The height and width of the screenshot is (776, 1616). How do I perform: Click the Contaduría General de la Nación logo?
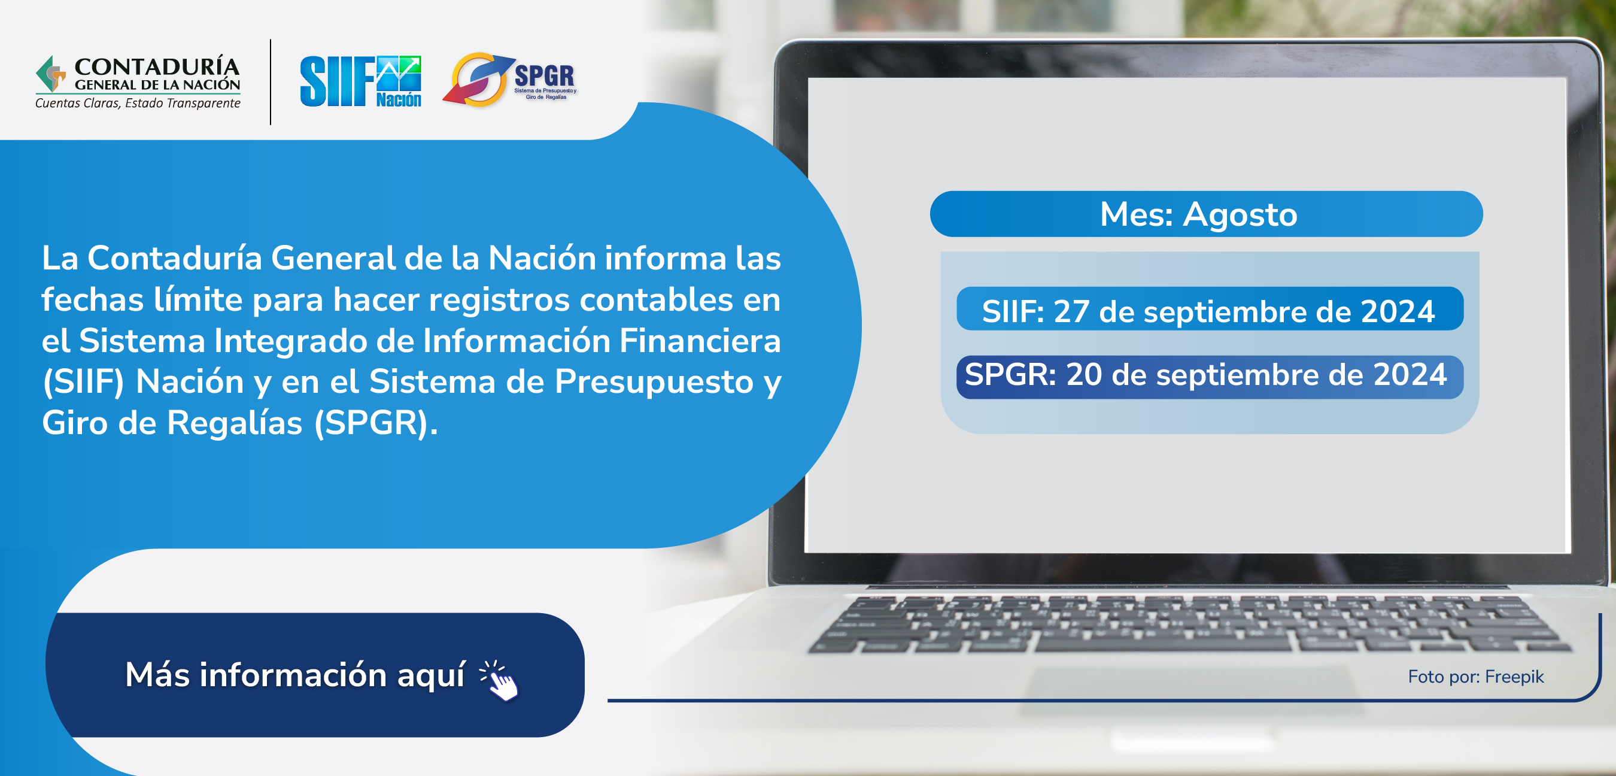(138, 82)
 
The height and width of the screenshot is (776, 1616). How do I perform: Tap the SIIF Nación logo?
(361, 81)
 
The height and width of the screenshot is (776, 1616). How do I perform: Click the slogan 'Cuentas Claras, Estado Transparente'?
(138, 103)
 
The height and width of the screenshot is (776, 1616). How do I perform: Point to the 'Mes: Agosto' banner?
(1206, 214)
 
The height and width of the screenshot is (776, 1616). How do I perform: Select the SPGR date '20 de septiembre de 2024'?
(1256, 375)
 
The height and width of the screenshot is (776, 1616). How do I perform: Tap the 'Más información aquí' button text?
(296, 675)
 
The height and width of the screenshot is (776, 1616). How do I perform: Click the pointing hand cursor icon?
(499, 681)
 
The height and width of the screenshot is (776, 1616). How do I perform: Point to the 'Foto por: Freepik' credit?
(1475, 676)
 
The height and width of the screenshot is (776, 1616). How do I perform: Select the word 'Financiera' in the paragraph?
(700, 341)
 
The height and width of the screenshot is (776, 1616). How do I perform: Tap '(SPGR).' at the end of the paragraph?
(376, 423)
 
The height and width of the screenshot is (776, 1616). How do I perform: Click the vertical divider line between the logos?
(271, 82)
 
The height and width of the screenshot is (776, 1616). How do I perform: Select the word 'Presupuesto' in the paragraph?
(654, 383)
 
